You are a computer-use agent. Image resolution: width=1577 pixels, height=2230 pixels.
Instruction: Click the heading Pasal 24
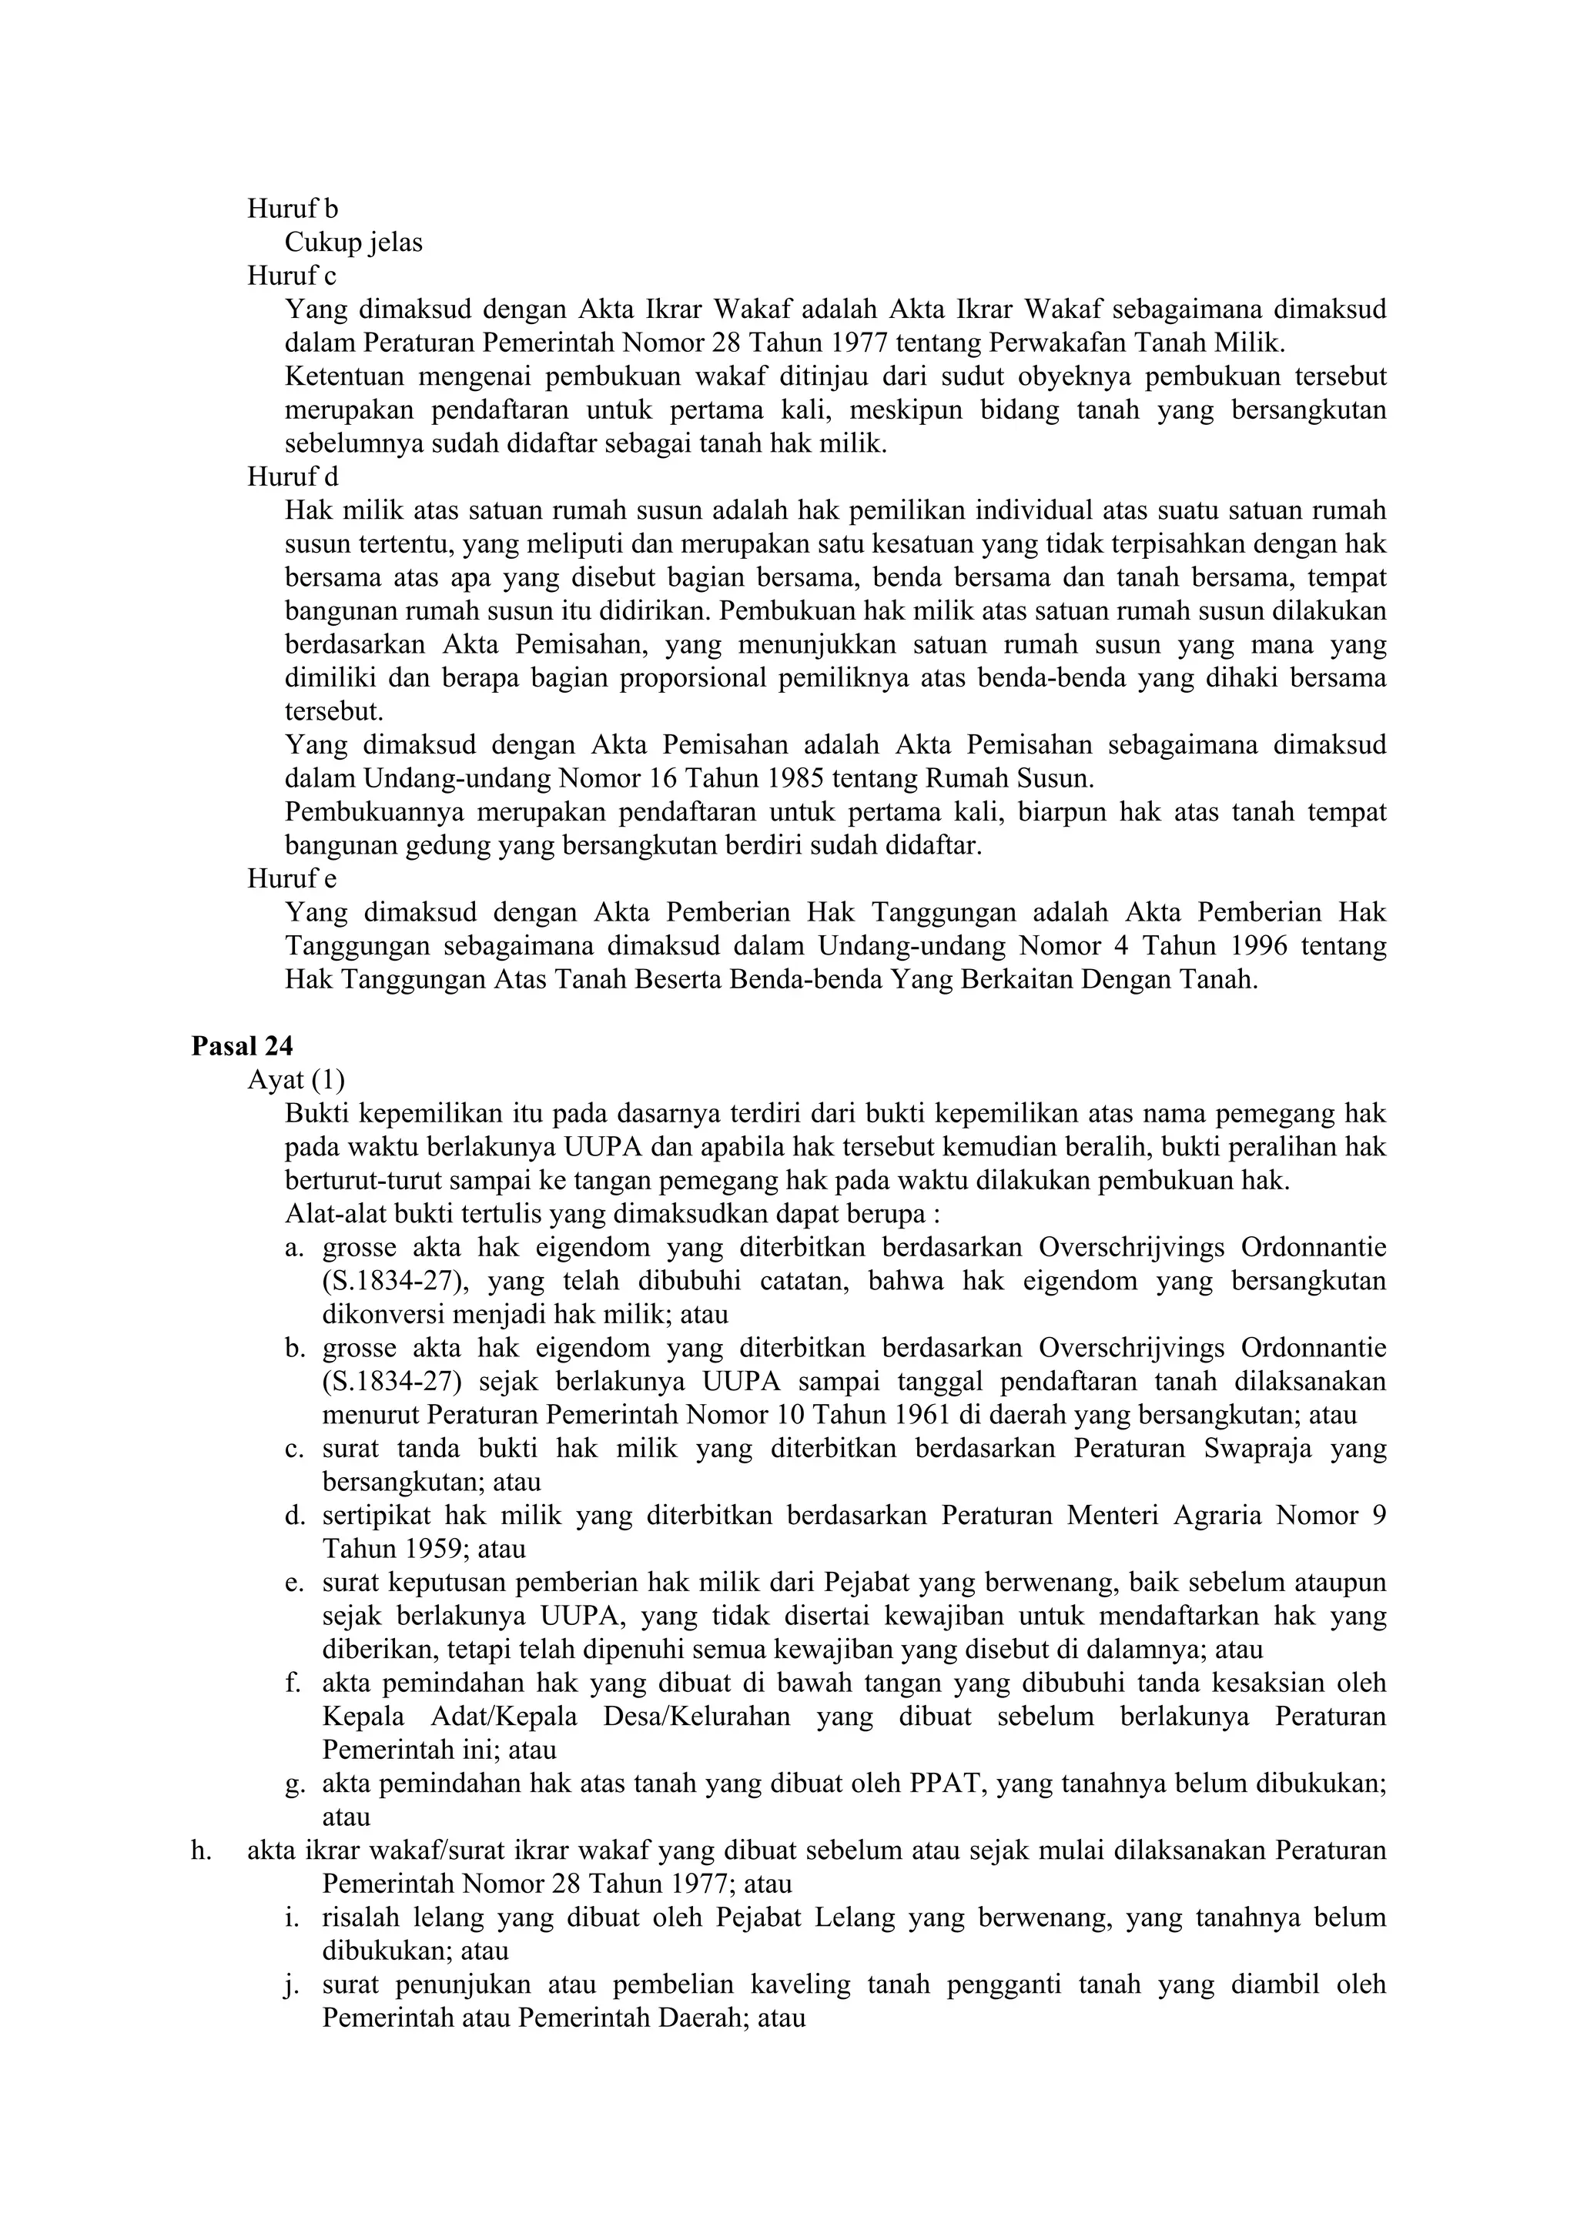point(242,1046)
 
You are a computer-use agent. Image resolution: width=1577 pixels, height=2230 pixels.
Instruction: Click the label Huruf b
point(293,209)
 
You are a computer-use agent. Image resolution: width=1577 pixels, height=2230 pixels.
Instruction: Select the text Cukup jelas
point(353,242)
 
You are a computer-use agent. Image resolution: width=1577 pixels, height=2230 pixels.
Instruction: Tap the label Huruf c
point(292,276)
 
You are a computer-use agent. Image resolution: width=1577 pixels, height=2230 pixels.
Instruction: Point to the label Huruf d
point(293,477)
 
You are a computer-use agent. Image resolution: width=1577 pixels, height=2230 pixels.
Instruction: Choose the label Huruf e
point(292,879)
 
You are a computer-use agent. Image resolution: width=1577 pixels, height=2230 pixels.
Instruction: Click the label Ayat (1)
point(296,1079)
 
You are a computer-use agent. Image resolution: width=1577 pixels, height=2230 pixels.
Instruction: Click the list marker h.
point(201,1851)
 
